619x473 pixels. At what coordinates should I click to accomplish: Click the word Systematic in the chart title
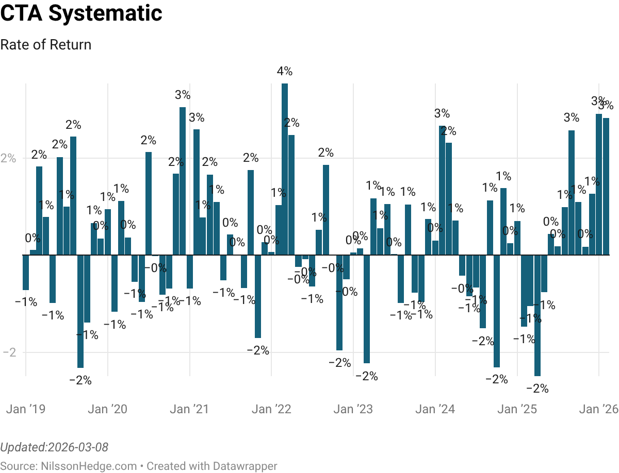click(105, 13)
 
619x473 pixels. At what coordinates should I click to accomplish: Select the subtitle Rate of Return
click(45, 45)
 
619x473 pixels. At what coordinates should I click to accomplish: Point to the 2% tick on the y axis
click(8, 158)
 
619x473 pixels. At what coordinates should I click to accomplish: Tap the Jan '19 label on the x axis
click(25, 409)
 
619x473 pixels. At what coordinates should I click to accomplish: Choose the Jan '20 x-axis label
click(107, 409)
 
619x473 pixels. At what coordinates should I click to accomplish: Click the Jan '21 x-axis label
click(189, 409)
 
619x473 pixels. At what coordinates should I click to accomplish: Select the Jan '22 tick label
click(272, 409)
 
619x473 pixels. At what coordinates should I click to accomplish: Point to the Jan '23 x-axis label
click(353, 409)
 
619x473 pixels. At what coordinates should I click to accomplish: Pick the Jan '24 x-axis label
click(435, 409)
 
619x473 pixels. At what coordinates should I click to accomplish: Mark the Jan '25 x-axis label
click(518, 409)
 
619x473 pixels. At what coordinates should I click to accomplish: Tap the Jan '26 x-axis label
click(599, 409)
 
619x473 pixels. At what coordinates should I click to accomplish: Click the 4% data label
click(284, 71)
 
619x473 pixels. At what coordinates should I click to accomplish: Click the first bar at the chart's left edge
click(25, 273)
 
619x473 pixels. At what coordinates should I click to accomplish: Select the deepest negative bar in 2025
click(537, 315)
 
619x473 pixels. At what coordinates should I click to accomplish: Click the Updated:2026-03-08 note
click(54, 447)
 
